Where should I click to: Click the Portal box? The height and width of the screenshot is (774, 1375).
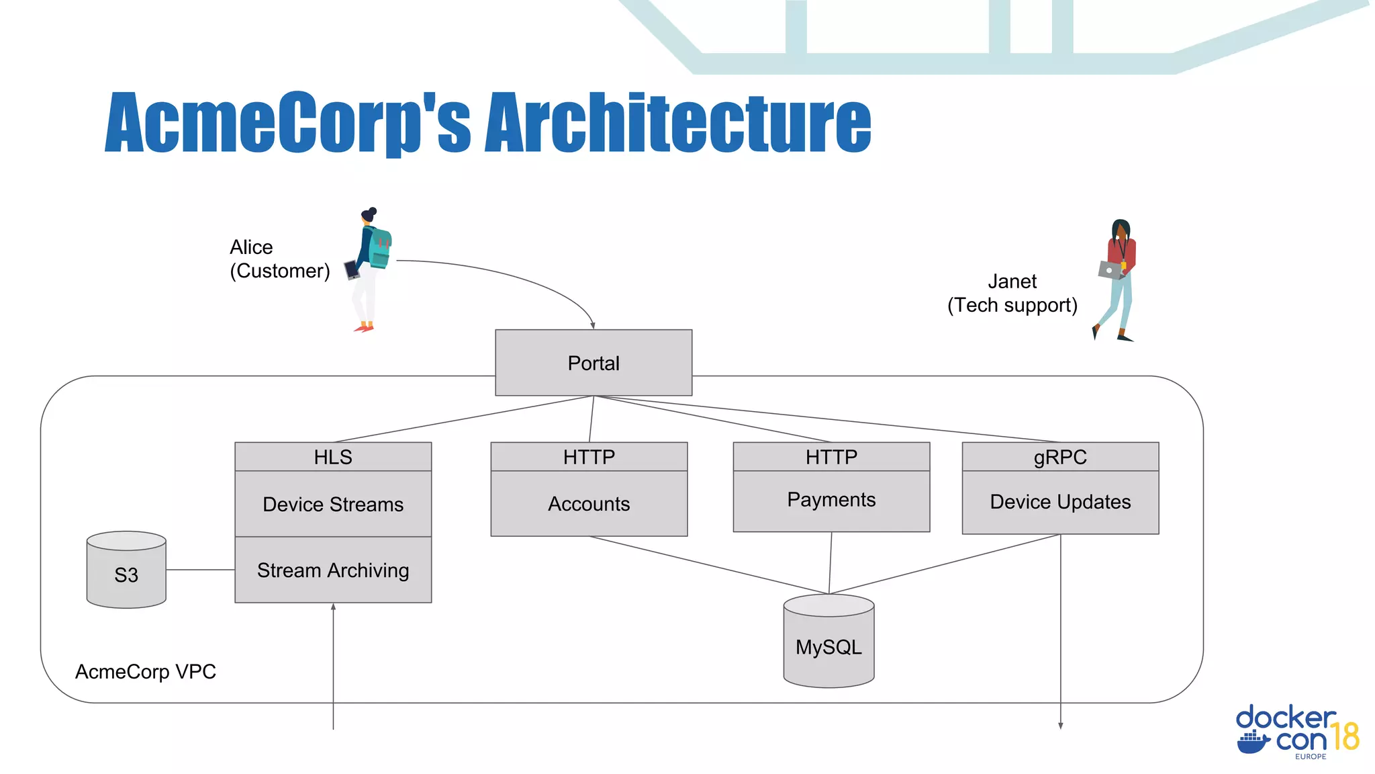tap(594, 363)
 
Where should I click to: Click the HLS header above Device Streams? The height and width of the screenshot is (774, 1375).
tap(333, 457)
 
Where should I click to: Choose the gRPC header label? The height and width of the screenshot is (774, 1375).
tap(1060, 457)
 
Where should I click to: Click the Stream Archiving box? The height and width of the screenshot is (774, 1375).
tap(333, 570)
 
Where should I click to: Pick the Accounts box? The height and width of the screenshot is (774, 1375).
tap(589, 503)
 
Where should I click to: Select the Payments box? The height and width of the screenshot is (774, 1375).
tap(831, 501)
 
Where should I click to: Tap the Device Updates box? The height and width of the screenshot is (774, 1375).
tap(1060, 502)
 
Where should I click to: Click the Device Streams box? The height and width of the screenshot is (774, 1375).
tap(333, 504)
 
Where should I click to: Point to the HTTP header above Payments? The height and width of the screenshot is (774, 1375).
tap(831, 457)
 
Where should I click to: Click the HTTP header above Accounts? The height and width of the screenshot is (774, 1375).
tap(589, 457)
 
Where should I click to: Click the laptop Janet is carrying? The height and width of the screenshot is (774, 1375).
tap(1110, 270)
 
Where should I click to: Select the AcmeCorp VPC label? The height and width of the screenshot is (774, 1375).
tap(146, 671)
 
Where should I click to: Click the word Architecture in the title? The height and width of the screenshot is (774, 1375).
tap(678, 122)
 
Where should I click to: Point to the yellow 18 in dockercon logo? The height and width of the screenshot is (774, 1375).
tap(1345, 736)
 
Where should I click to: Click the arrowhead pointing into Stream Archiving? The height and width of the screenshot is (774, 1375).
tap(333, 607)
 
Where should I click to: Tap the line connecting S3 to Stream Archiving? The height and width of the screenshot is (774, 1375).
tap(200, 570)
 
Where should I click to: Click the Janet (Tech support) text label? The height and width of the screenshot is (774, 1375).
tap(1012, 293)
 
